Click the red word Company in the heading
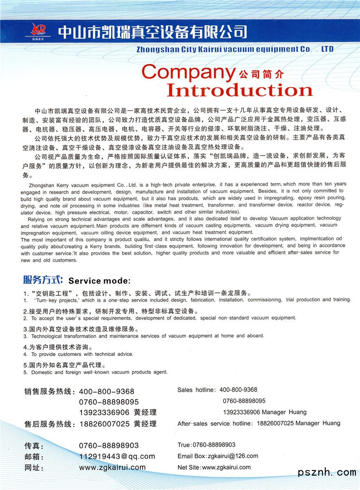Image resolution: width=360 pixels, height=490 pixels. (188, 73)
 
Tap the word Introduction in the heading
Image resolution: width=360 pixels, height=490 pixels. (239, 90)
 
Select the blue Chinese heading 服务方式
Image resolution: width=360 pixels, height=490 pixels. (43, 280)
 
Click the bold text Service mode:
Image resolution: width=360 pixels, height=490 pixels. (100, 281)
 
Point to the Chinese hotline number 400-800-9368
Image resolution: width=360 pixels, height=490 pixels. (107, 392)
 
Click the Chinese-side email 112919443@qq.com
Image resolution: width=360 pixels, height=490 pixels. (117, 457)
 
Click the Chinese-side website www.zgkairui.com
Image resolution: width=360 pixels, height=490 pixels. (112, 468)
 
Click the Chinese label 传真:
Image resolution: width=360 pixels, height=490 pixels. (34, 446)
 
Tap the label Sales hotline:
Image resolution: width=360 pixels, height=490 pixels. (196, 390)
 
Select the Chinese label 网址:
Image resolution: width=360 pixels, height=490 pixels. (34, 468)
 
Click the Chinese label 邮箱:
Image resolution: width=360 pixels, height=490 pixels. (34, 457)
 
